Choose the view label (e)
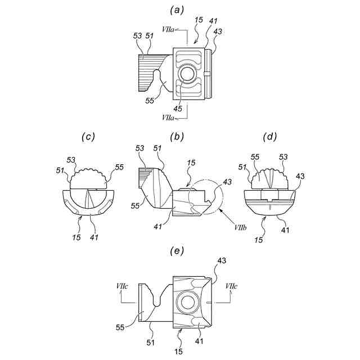[x=179, y=251]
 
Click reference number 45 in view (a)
[x=177, y=109]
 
